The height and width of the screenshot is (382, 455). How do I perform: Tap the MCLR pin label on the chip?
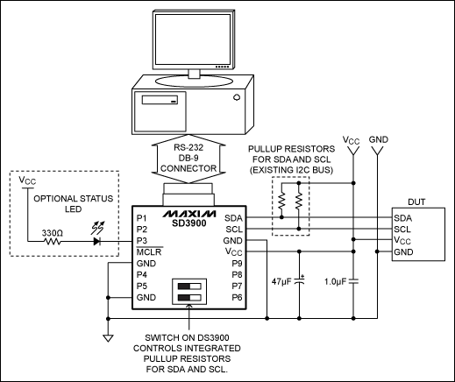point(146,251)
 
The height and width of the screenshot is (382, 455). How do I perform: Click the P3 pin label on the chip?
point(142,239)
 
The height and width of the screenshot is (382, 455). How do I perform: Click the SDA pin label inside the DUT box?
point(402,216)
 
